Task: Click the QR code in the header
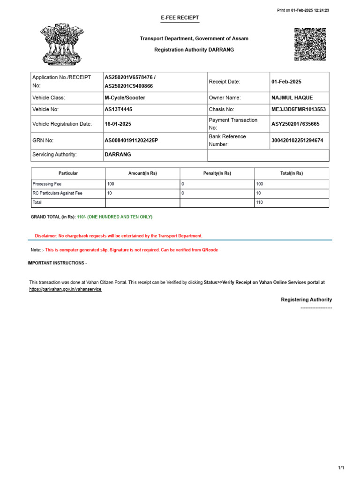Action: (310, 45)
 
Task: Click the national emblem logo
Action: (59, 45)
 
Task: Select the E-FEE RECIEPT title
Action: (180, 18)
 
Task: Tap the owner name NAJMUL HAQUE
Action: (292, 98)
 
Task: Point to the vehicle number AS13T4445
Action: (118, 109)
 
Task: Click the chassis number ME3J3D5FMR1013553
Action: (299, 109)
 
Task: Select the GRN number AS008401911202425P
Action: (131, 140)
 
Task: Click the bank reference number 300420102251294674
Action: (297, 140)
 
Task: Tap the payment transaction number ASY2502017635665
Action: (295, 124)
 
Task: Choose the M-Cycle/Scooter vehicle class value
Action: (125, 98)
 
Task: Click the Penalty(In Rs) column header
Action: (217, 173)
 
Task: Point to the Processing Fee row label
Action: (47, 184)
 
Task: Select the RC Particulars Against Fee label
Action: (57, 193)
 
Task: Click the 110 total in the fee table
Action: (260, 202)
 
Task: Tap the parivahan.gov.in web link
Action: (65, 289)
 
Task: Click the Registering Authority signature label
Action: (306, 300)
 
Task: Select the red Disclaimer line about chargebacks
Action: (119, 236)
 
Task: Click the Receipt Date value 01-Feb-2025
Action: (286, 82)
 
